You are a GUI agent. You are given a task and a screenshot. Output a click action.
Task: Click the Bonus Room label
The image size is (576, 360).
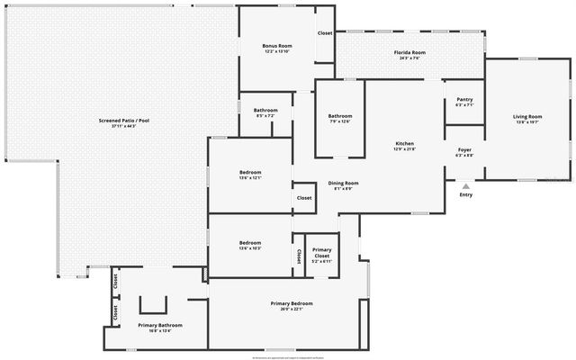(277, 46)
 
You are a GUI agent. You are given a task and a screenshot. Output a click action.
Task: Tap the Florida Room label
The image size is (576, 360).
(409, 53)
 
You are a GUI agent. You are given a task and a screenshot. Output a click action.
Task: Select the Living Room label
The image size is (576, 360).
(527, 116)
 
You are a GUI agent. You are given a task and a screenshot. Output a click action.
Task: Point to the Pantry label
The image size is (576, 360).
(464, 99)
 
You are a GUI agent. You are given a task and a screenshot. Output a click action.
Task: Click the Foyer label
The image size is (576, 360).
(464, 149)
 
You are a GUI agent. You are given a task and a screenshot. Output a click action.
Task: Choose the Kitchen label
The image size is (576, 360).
(405, 144)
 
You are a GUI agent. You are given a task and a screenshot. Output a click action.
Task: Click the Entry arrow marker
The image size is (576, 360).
(465, 186)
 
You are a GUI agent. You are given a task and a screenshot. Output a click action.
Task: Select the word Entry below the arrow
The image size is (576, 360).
(465, 195)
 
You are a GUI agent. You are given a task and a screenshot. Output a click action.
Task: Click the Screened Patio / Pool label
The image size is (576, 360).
(124, 120)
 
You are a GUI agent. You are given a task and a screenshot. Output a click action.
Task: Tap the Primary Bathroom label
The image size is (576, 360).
(160, 325)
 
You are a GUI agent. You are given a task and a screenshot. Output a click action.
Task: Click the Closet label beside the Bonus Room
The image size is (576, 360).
(324, 33)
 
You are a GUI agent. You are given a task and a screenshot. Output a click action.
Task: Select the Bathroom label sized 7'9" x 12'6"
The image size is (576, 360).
(339, 115)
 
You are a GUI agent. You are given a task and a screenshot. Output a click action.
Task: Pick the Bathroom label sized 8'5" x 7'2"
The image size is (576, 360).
(265, 110)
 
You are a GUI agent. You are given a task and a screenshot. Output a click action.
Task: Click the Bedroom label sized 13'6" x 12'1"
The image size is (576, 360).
(250, 172)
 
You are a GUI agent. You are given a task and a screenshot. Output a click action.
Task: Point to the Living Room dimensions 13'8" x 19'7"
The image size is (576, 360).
(527, 121)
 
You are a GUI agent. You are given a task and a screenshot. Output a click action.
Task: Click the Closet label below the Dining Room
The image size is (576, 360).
(304, 198)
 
